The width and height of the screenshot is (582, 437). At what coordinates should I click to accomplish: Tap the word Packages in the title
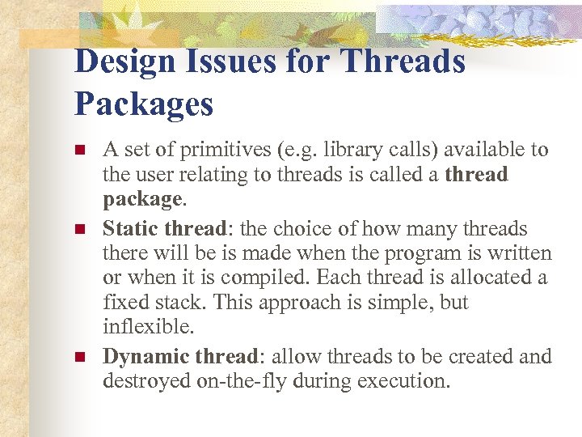coord(144,104)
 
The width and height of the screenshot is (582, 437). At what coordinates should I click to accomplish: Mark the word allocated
coord(495,278)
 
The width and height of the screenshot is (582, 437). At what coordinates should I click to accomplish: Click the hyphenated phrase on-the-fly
coord(241,380)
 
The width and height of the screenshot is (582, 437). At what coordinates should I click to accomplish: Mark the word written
coord(521,254)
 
